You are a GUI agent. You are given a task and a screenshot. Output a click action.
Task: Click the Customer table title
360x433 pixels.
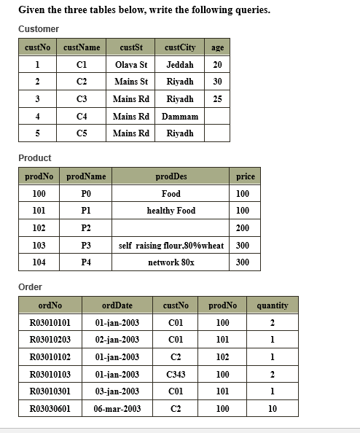pos(39,28)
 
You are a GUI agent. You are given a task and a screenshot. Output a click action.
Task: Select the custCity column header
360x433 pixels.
pos(180,47)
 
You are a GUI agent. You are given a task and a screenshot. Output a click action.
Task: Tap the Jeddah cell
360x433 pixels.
pos(180,64)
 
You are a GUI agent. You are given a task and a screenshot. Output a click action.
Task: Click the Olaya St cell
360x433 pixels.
pos(131,64)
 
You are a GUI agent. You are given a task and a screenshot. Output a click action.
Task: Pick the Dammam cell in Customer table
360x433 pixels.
pos(180,116)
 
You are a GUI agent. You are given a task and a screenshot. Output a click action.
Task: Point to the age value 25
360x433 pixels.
pos(217,98)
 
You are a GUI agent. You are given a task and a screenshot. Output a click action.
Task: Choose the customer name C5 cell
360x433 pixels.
pos(82,133)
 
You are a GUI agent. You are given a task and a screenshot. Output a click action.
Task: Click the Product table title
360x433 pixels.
pos(35,157)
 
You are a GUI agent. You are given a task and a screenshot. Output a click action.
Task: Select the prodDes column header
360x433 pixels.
pos(171,176)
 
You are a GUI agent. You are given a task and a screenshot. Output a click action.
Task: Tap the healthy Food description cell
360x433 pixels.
pos(171,211)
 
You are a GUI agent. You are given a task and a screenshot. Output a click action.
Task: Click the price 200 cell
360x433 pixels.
pos(243,228)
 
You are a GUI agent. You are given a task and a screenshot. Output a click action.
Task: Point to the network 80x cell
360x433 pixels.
pos(171,262)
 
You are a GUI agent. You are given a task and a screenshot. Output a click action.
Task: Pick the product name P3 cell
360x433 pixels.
pos(86,246)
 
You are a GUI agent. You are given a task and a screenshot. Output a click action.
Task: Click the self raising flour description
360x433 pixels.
pos(171,246)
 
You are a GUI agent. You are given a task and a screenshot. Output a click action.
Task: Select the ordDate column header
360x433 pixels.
pos(117,305)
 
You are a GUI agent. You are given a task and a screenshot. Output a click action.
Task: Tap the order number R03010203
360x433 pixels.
pos(50,340)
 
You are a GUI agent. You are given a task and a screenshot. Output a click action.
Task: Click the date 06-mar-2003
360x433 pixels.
pos(117,409)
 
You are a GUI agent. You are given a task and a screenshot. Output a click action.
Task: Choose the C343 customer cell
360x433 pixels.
pos(176,374)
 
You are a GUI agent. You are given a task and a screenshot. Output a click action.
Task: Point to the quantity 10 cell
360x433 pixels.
pos(273,409)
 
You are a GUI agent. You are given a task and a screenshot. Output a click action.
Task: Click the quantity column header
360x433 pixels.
pos(273,305)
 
